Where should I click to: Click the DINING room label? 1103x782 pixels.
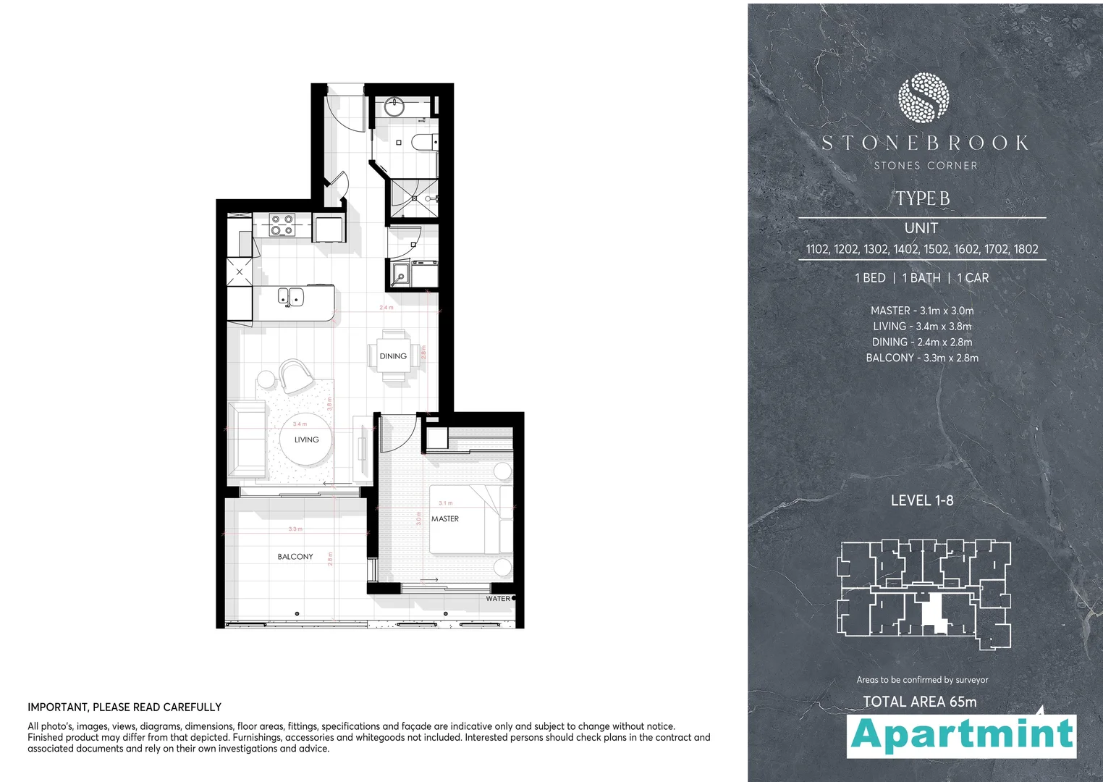click(x=393, y=356)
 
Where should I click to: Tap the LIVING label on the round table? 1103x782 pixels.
click(x=306, y=440)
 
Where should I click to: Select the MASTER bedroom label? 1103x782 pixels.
click(x=445, y=518)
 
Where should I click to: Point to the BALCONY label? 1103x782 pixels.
click(x=295, y=557)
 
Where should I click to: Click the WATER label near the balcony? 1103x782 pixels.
click(x=498, y=599)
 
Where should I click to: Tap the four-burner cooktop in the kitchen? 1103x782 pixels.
click(x=282, y=224)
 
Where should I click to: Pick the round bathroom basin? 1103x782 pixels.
click(x=394, y=106)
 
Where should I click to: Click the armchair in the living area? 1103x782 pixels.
click(x=295, y=375)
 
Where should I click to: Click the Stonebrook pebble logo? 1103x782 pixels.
click(x=923, y=97)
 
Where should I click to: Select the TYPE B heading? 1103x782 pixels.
click(x=923, y=198)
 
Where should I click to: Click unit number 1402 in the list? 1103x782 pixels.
click(x=906, y=249)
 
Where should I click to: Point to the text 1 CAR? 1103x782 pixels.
click(x=973, y=278)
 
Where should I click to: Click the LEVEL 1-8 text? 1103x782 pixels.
click(x=922, y=500)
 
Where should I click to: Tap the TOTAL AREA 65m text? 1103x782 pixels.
click(x=920, y=702)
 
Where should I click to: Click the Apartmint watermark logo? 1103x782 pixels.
click(x=962, y=735)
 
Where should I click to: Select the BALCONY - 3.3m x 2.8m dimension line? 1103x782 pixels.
click(x=922, y=358)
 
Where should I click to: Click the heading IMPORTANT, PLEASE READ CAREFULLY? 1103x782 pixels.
click(x=124, y=707)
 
